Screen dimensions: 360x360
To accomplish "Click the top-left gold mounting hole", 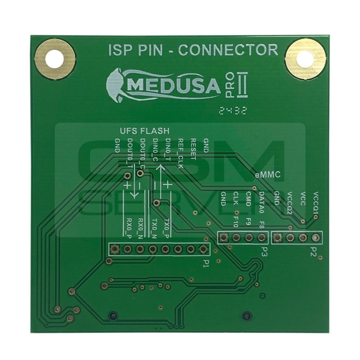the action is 55,59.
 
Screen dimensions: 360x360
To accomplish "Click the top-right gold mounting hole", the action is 305,59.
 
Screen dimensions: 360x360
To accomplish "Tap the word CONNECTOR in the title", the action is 229,50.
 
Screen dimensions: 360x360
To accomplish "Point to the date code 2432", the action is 232,111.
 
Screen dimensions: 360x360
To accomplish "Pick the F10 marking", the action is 236,222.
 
